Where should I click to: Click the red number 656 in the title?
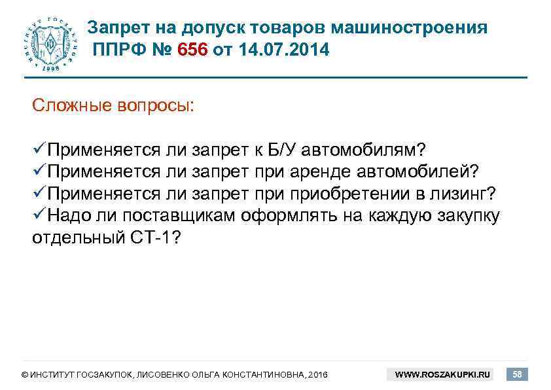point(192,50)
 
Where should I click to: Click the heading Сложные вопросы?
point(113,105)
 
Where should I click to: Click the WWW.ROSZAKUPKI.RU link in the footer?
point(442,375)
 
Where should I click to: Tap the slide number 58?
point(518,374)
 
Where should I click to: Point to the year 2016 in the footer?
point(317,375)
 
